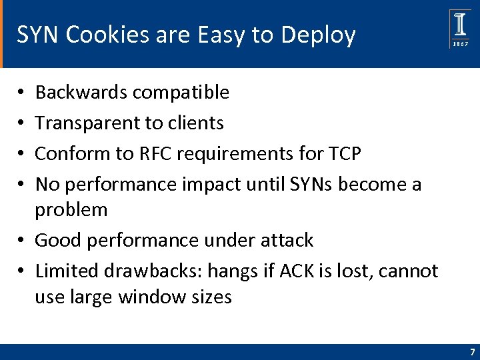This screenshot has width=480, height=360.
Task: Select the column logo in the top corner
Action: point(460,23)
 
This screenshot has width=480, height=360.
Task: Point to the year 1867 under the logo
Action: point(460,44)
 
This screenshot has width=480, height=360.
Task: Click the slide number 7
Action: point(472,352)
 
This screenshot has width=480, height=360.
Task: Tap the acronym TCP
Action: point(345,154)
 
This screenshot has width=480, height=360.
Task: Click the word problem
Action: point(71,210)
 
